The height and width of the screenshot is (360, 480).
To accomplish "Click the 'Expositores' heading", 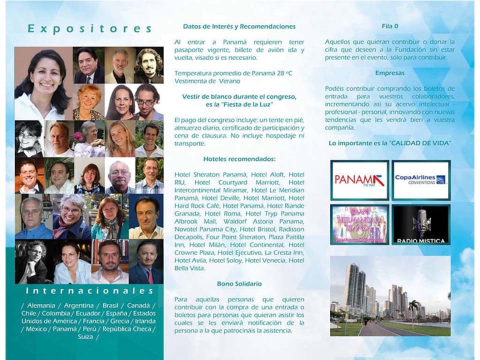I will [x=89, y=28].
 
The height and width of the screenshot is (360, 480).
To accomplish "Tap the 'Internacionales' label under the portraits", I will [x=89, y=290].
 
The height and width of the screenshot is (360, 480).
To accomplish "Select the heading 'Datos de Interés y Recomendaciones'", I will [x=239, y=26].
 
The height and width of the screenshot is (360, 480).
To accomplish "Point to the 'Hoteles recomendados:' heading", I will [x=239, y=159].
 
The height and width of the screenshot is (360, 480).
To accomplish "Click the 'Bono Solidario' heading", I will [x=239, y=284].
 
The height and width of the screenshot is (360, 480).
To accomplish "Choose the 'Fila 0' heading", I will [x=389, y=26].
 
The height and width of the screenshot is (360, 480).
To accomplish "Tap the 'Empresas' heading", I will [x=389, y=73].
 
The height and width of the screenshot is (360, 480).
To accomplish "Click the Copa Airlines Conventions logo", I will [x=420, y=180].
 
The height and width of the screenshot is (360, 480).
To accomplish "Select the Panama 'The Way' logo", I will [x=359, y=180].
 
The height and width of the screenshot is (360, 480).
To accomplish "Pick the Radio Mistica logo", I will [x=420, y=224].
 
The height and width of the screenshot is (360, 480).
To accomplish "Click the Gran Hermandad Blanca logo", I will [x=359, y=224].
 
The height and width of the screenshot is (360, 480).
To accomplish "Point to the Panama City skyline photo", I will [x=389, y=296].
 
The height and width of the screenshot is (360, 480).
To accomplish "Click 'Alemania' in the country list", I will [x=39, y=305].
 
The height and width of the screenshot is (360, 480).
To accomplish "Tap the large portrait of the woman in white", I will [x=43, y=83].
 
